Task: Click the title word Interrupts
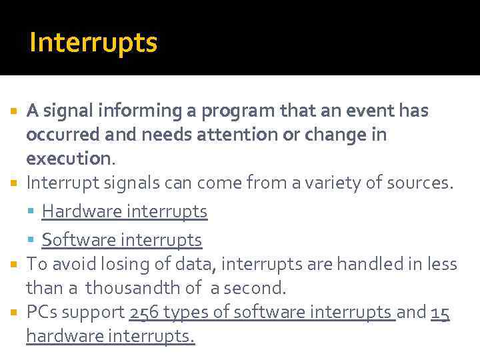pyautogui.click(x=93, y=43)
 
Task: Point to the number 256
pyautogui.click(x=144, y=312)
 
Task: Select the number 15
pyautogui.click(x=441, y=312)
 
